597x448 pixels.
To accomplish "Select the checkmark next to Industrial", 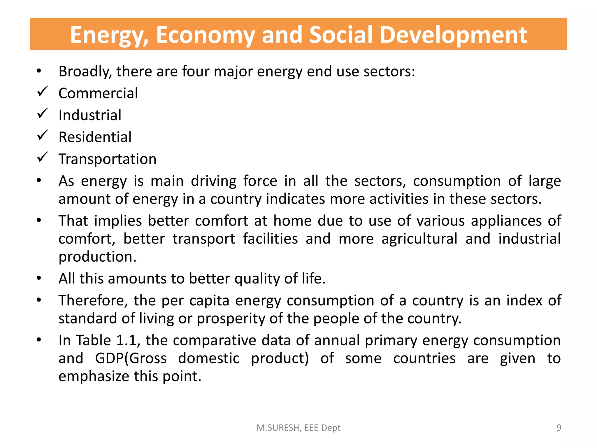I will (43, 113).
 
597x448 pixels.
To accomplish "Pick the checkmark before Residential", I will (43, 135).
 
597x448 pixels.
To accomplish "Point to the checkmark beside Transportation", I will (43, 157).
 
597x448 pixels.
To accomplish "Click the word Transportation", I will (108, 159).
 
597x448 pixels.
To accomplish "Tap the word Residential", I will (95, 137).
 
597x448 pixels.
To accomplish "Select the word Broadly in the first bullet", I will (85, 72).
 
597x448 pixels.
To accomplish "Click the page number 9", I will (559, 428).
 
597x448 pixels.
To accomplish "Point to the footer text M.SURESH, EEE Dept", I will (298, 428).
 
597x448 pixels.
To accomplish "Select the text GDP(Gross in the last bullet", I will (131, 358).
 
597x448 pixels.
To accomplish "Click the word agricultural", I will (419, 239).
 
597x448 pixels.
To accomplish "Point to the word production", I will (97, 257).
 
